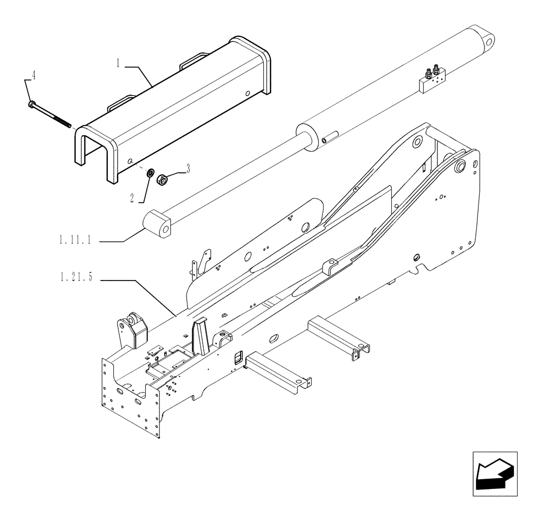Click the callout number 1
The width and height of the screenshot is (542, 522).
(x=117, y=63)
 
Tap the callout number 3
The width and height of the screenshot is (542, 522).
(x=188, y=169)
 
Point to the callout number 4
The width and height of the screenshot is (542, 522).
(x=34, y=76)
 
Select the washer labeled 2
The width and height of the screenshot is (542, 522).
(x=149, y=173)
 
